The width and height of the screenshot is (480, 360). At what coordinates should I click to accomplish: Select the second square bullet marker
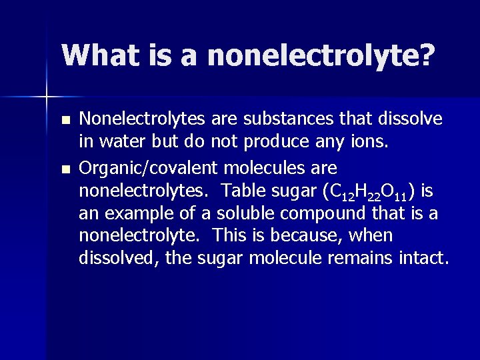[x=64, y=169]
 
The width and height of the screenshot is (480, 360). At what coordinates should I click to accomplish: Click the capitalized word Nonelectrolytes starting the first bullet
[x=143, y=119]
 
